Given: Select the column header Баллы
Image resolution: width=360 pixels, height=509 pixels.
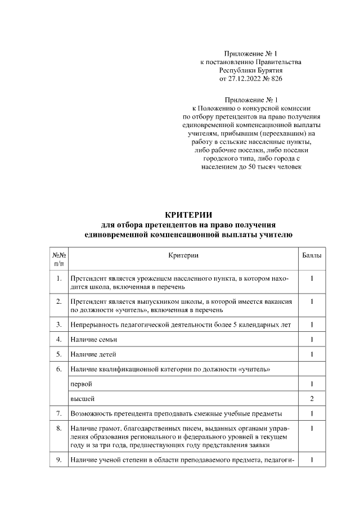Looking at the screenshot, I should coord(312,255).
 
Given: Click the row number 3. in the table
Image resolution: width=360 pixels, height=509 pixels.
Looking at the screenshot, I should coord(58,325).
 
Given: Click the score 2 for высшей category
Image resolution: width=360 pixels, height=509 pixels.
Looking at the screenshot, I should coord(312,399).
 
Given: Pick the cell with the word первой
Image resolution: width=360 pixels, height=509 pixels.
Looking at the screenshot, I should coord(81,384).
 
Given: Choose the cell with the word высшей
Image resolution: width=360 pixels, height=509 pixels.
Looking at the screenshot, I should coord(82,399).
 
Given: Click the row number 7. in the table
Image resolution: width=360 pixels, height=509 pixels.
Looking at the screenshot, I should coord(58,414).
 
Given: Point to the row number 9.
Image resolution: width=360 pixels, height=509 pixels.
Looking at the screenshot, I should coord(58,460).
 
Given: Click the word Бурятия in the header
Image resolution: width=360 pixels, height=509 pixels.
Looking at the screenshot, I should coord(267,71).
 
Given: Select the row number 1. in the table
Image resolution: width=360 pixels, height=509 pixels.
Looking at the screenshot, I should coord(58,278).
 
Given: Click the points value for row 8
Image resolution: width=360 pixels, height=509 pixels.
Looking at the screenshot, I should coord(312,429).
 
